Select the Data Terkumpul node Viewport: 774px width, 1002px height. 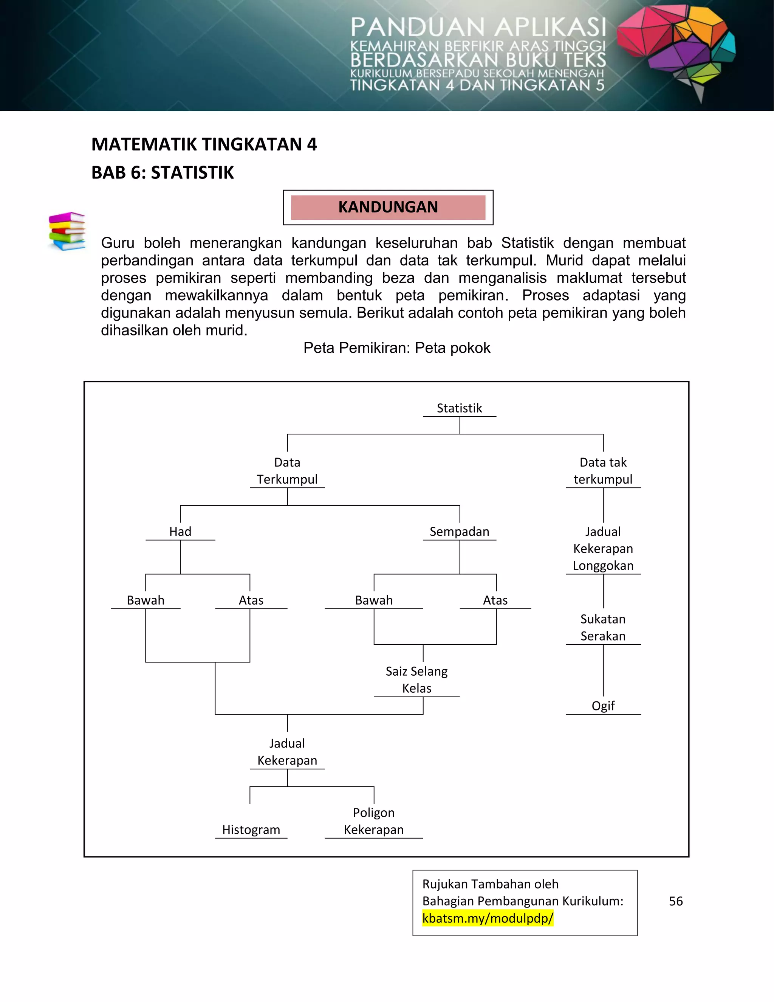tap(287, 471)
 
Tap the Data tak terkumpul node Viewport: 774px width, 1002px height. tap(602, 471)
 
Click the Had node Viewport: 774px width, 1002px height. tap(180, 531)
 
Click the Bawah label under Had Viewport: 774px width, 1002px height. tap(146, 600)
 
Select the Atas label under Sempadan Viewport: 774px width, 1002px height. tap(495, 600)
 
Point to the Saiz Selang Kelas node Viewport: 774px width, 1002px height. tap(416, 679)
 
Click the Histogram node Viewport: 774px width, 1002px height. tap(251, 830)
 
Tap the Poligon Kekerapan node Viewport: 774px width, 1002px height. tap(374, 821)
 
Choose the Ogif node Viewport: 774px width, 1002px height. tap(602, 706)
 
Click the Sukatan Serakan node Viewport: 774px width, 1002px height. tap(602, 627)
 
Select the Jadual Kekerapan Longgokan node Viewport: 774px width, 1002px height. tap(602, 548)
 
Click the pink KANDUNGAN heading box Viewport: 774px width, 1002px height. tap(388, 207)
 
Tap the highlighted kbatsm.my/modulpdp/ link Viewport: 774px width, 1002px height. tap(488, 918)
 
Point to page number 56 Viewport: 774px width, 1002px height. tap(675, 901)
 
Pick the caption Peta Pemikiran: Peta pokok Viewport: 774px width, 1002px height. tap(396, 348)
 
